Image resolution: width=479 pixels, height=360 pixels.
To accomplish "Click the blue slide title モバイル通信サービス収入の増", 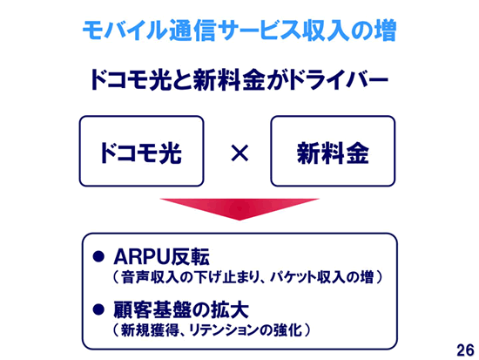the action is click(x=239, y=31).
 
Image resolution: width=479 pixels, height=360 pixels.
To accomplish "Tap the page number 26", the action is click(x=465, y=350).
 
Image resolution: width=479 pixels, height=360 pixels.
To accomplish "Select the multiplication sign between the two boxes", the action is click(x=239, y=153).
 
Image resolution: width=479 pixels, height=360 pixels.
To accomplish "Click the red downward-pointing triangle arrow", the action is click(x=239, y=209).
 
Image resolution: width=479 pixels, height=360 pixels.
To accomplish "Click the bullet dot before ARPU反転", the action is click(x=98, y=256).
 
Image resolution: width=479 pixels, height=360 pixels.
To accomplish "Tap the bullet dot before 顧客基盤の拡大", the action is click(x=98, y=309).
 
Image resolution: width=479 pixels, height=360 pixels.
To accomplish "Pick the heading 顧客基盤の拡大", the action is click(x=181, y=309).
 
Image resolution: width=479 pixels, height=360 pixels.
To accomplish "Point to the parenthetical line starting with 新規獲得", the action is click(x=212, y=330).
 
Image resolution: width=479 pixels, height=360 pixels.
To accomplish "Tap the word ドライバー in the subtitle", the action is click(x=339, y=79).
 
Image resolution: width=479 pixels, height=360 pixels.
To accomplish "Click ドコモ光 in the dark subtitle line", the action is click(x=130, y=79).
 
